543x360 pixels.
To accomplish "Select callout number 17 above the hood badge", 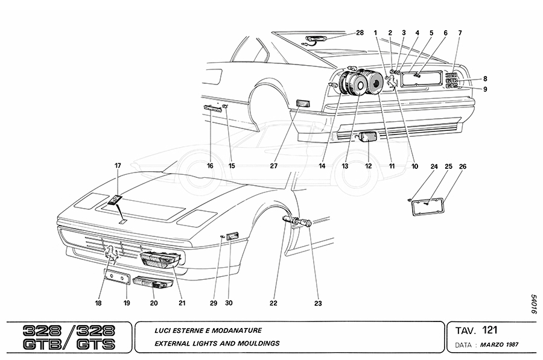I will click(x=118, y=165).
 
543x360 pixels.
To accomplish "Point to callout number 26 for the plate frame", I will click(x=463, y=166).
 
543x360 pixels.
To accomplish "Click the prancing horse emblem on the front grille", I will click(x=112, y=253).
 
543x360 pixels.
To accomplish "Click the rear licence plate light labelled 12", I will click(x=367, y=137).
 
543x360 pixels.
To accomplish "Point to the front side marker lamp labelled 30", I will click(x=232, y=236).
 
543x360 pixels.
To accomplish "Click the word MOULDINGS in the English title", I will click(x=255, y=344).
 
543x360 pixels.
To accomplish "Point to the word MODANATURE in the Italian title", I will click(x=237, y=330).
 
